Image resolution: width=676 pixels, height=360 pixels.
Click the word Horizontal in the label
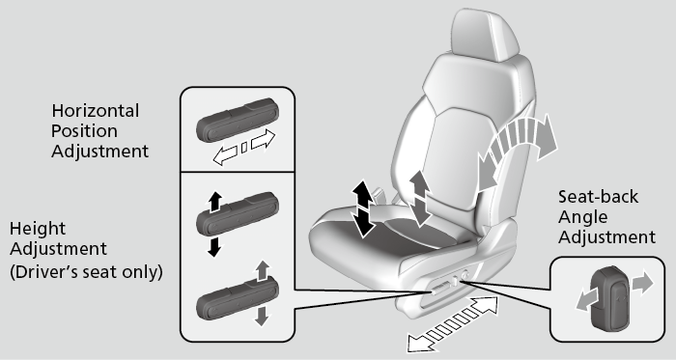click(x=95, y=111)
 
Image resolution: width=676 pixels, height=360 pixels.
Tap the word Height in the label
click(x=38, y=230)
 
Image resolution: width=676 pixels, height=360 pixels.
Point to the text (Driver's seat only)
click(x=86, y=272)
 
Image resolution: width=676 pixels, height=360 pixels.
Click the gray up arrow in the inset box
click(x=261, y=271)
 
